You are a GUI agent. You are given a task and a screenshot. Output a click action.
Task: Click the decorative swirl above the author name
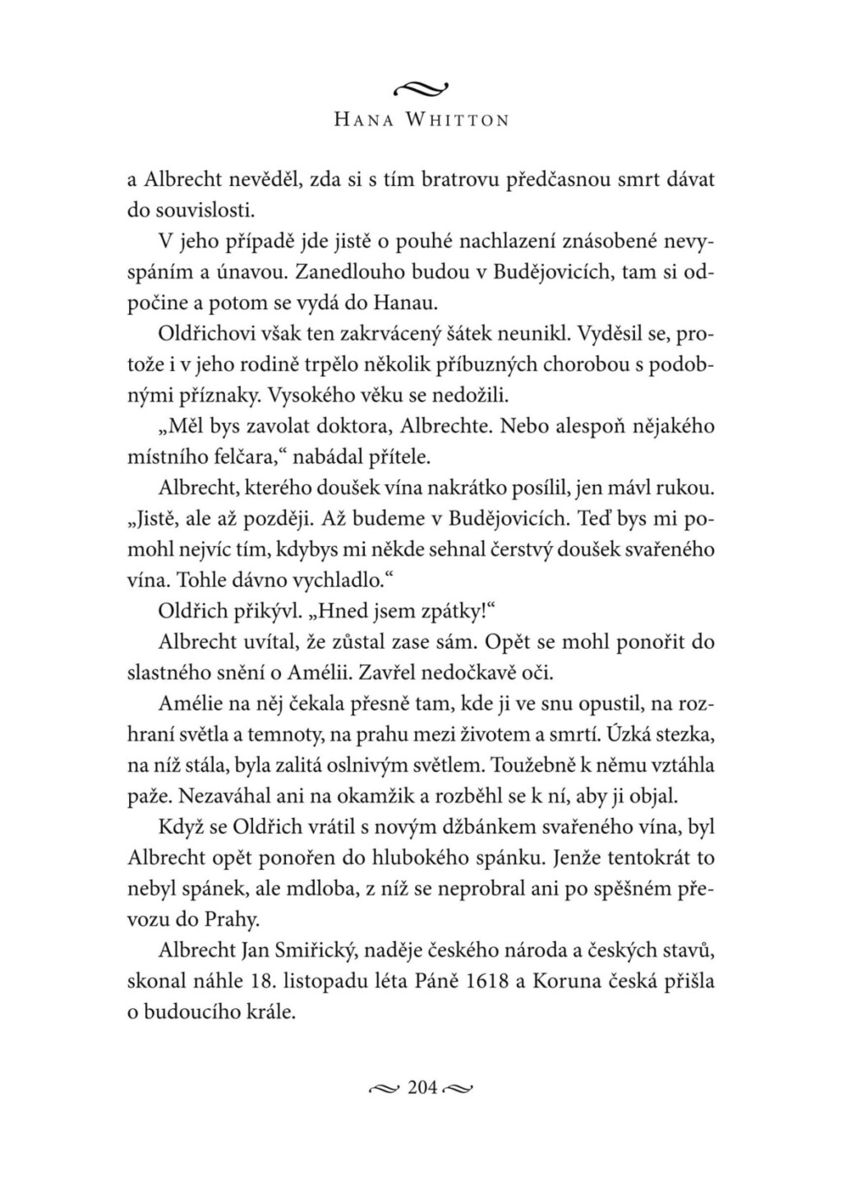tap(423, 86)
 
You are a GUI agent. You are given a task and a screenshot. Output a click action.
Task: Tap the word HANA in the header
tap(364, 120)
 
